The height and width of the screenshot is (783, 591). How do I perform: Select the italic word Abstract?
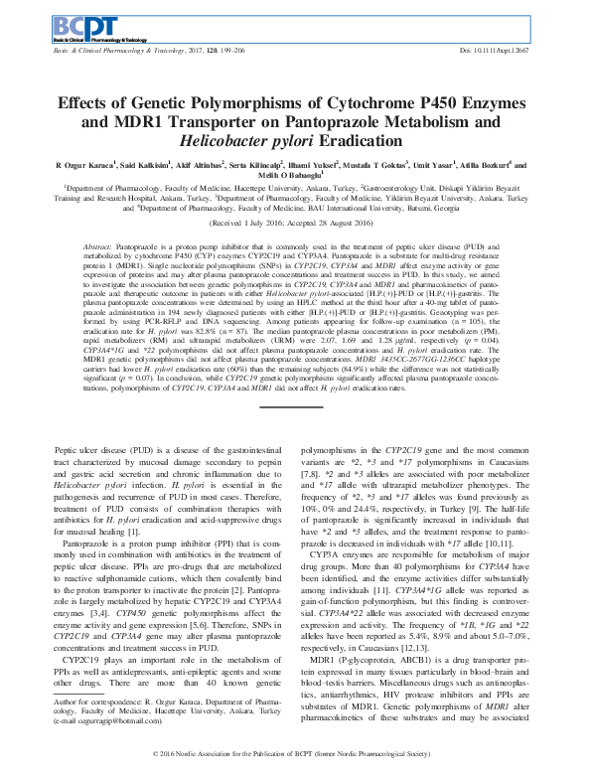pyautogui.click(x=97, y=244)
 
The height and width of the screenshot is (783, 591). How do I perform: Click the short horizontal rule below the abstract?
pyautogui.click(x=295, y=404)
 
